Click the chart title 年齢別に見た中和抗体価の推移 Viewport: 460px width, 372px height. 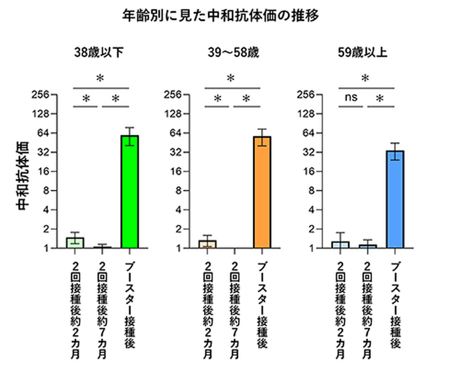[x=220, y=16]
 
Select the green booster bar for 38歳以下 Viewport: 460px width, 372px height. [x=130, y=192]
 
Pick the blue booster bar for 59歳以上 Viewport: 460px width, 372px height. [x=395, y=199]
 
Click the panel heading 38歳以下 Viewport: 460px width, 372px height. [x=99, y=53]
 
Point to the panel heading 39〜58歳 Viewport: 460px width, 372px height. [x=233, y=53]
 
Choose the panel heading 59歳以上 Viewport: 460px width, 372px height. [x=362, y=53]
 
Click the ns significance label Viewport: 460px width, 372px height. [x=351, y=97]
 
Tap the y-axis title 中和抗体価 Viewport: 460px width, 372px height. [x=22, y=175]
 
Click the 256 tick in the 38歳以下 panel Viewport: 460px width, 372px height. [x=40, y=95]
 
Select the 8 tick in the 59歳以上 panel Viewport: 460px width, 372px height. [x=311, y=191]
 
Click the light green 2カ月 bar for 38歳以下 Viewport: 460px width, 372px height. [x=75, y=243]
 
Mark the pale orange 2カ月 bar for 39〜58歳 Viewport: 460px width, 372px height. [x=207, y=244]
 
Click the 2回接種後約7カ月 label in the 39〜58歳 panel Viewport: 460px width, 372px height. [x=234, y=310]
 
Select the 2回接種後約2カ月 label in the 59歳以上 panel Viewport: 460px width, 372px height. [x=340, y=310]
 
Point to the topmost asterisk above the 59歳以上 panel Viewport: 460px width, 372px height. [x=365, y=78]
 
